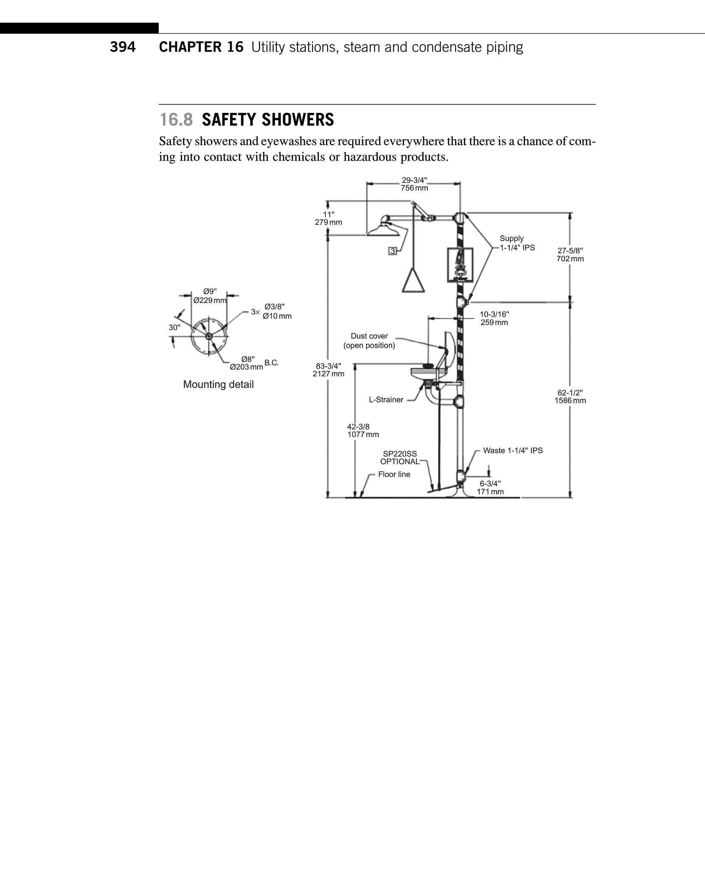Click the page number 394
[x=123, y=47]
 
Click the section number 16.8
[x=176, y=120]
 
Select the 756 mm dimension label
[x=414, y=188]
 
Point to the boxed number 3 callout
[x=393, y=251]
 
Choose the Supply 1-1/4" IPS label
[x=517, y=243]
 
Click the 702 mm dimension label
[x=570, y=259]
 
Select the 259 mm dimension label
[x=494, y=322]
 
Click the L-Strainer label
[x=386, y=400]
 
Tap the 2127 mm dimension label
[x=329, y=374]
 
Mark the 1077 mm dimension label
[x=363, y=434]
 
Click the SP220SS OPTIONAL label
[x=400, y=458]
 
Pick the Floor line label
[x=394, y=474]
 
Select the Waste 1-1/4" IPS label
[x=513, y=451]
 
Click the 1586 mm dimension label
[x=570, y=401]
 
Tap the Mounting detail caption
[x=218, y=384]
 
